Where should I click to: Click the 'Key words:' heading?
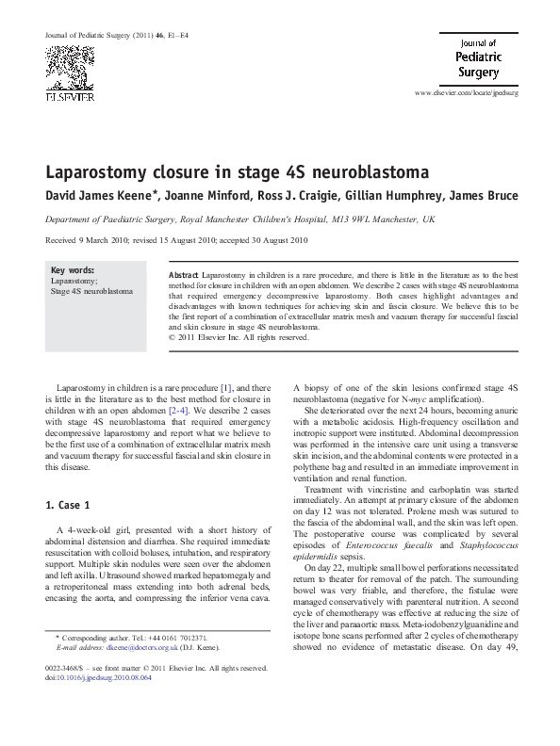(x=72, y=269)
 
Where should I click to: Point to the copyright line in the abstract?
(x=238, y=336)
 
